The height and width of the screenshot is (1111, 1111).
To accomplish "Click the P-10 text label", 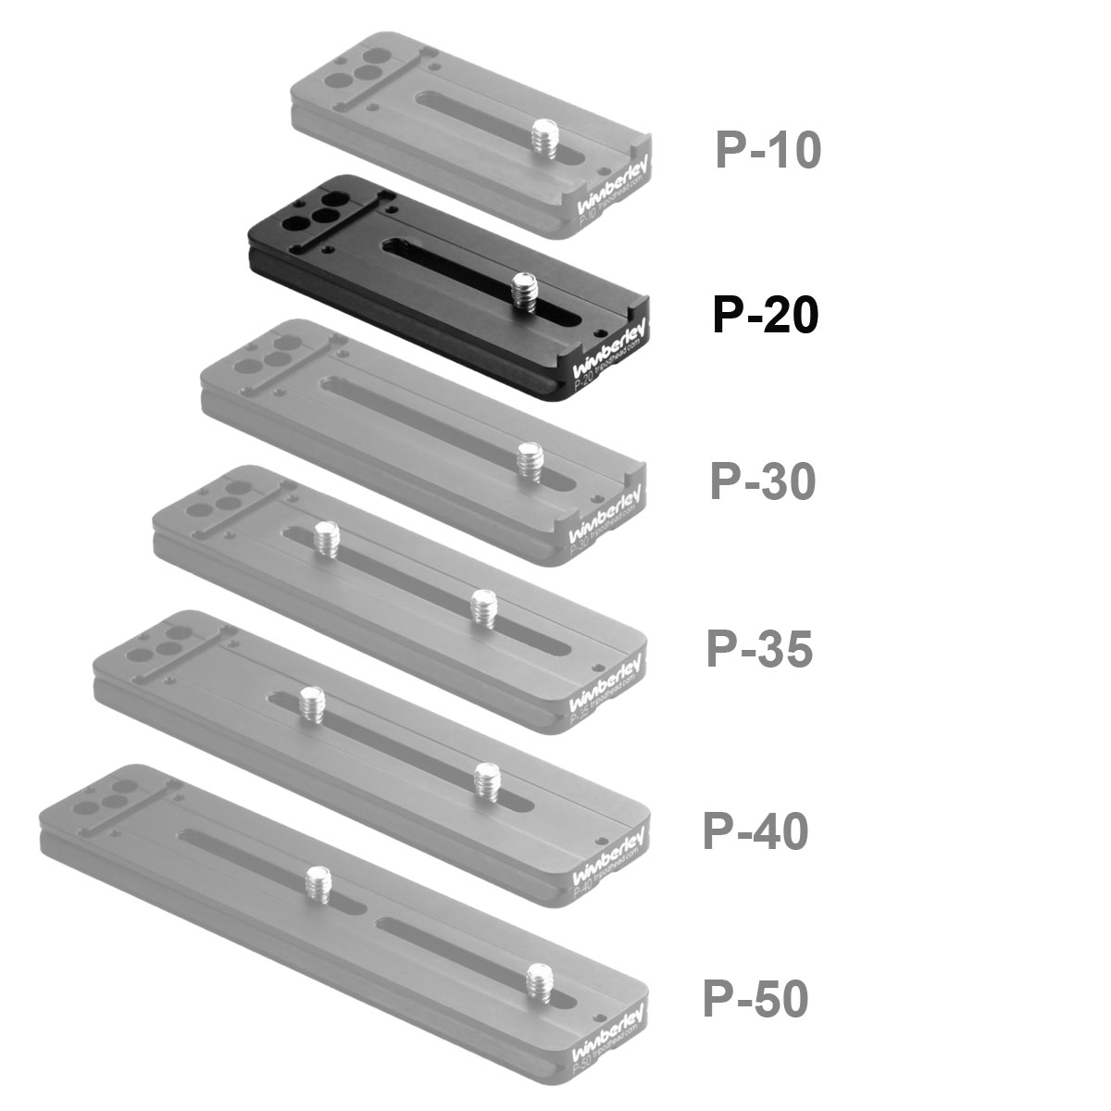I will click(768, 150).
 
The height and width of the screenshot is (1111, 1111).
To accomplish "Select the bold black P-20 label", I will click(765, 315).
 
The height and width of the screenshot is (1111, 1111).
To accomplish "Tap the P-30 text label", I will click(762, 481).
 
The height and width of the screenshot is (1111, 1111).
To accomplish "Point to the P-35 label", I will click(759, 648).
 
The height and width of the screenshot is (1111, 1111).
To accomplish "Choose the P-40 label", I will click(755, 830).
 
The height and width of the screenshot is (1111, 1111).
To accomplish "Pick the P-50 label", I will click(755, 999).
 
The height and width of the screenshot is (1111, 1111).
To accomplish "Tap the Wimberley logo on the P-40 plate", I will click(607, 856).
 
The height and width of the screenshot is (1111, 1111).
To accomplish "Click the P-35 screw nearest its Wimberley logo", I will click(482, 608).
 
